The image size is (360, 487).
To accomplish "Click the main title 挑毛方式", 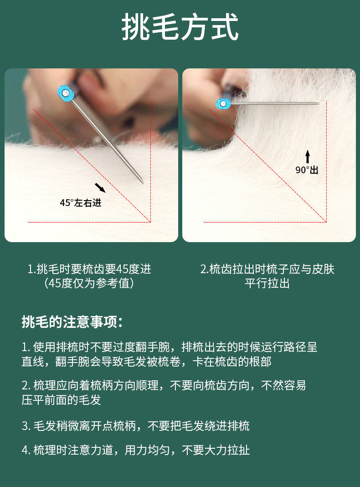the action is (180, 27).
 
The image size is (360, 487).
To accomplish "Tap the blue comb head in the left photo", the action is (66, 93).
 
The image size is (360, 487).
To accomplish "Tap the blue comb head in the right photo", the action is (223, 104).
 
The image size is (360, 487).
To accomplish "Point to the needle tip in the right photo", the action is (319, 103).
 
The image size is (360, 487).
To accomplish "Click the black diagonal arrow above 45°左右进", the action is (100, 187).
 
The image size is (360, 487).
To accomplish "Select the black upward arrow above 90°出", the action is (307, 157).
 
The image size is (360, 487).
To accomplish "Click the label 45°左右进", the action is (81, 203).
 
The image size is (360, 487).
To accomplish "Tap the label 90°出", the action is (307, 170).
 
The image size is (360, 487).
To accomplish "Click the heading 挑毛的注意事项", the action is (72, 322).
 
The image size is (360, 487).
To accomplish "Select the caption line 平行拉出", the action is (267, 284).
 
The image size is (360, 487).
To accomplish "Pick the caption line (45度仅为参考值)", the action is (89, 283).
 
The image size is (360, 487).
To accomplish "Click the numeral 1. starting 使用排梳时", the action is (26, 347).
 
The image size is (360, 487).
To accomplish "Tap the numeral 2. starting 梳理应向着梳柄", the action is (26, 386).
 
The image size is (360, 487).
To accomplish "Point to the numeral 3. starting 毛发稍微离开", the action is (26, 426).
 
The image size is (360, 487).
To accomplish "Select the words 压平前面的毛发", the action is (62, 400).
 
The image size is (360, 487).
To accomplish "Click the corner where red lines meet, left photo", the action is (150, 222).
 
